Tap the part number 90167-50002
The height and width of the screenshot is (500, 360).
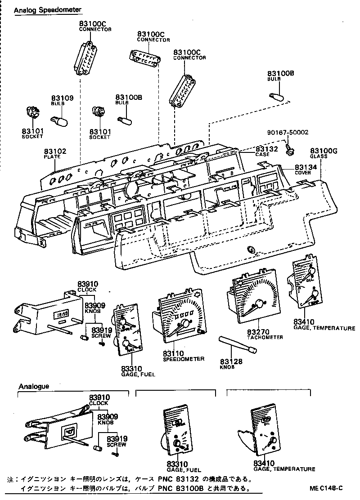point(293,133)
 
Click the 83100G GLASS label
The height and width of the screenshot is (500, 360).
point(323,153)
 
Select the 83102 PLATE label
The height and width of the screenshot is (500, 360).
point(55,153)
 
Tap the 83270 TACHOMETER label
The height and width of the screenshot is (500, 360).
point(265,334)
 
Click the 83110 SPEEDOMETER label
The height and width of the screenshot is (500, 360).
point(183,356)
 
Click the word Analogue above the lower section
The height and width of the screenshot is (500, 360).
point(34,386)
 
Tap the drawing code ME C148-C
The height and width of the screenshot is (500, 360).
point(326,488)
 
